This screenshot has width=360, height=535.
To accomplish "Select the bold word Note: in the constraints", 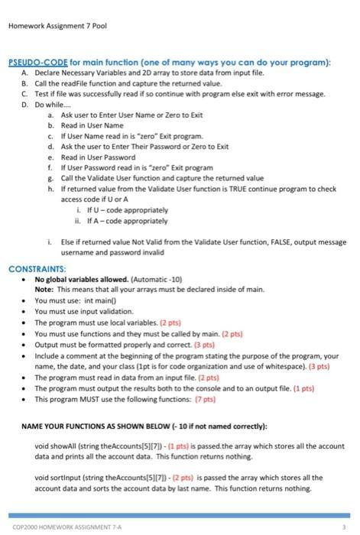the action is click(x=44, y=290).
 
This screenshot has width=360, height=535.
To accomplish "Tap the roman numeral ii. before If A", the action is click(x=79, y=220).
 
